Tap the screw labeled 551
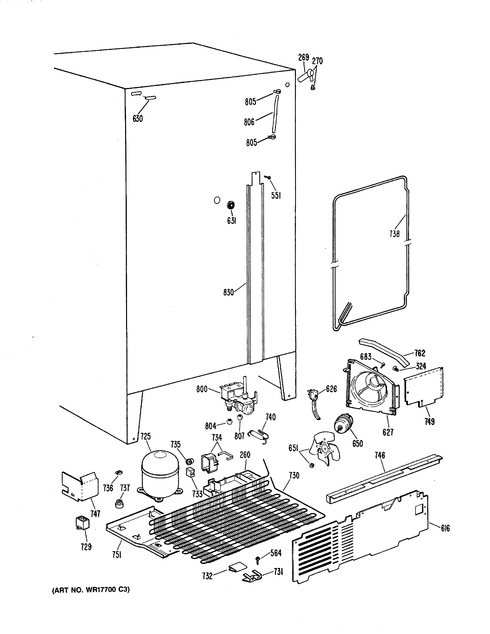268,177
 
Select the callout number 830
228,292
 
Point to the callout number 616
445,528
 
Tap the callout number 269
303,57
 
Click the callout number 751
116,555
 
